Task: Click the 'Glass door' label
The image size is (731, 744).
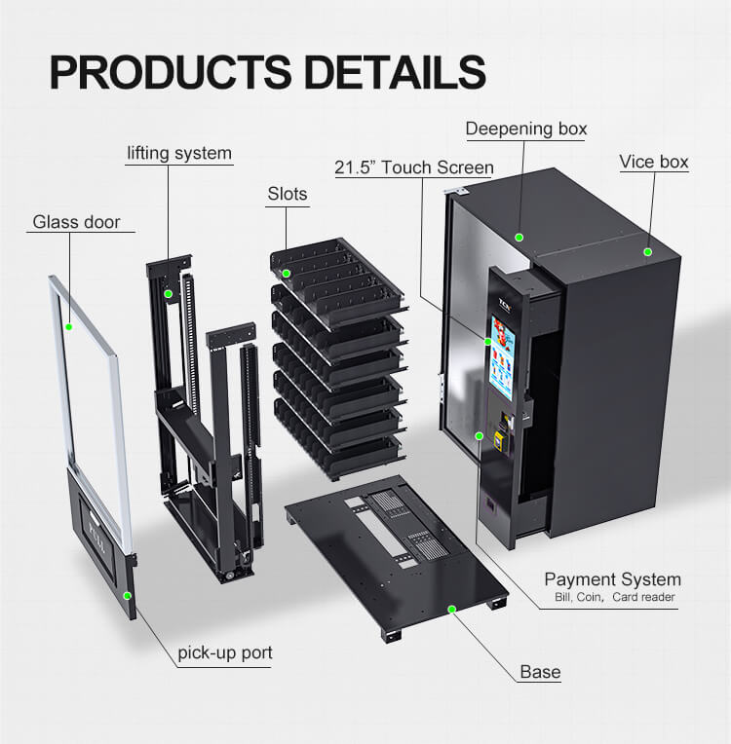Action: (x=76, y=222)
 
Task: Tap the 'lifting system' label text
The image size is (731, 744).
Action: (x=179, y=153)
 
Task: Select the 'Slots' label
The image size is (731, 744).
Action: (x=288, y=194)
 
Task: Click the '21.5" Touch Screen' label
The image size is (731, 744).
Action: (x=414, y=167)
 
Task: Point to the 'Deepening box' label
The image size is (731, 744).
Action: (x=526, y=129)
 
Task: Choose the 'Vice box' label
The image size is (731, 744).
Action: (x=654, y=162)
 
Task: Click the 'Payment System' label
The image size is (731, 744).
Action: (x=613, y=579)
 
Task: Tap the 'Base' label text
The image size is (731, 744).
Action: (x=541, y=672)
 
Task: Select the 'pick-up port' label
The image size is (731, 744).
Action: (x=225, y=652)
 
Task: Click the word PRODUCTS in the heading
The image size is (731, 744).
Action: (x=170, y=72)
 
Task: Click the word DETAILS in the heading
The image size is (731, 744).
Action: (x=395, y=72)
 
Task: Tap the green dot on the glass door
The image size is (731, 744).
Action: (x=69, y=327)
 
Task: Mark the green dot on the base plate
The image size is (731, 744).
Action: (x=452, y=610)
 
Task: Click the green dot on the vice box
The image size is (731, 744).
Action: (x=648, y=252)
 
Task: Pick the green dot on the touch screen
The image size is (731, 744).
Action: (x=487, y=342)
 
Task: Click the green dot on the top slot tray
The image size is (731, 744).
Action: (x=286, y=274)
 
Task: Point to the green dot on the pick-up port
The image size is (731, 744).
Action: (x=128, y=595)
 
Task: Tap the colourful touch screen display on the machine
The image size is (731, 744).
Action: (x=503, y=356)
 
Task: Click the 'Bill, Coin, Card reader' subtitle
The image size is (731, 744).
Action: (x=615, y=597)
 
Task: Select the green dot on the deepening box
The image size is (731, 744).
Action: (x=519, y=238)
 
